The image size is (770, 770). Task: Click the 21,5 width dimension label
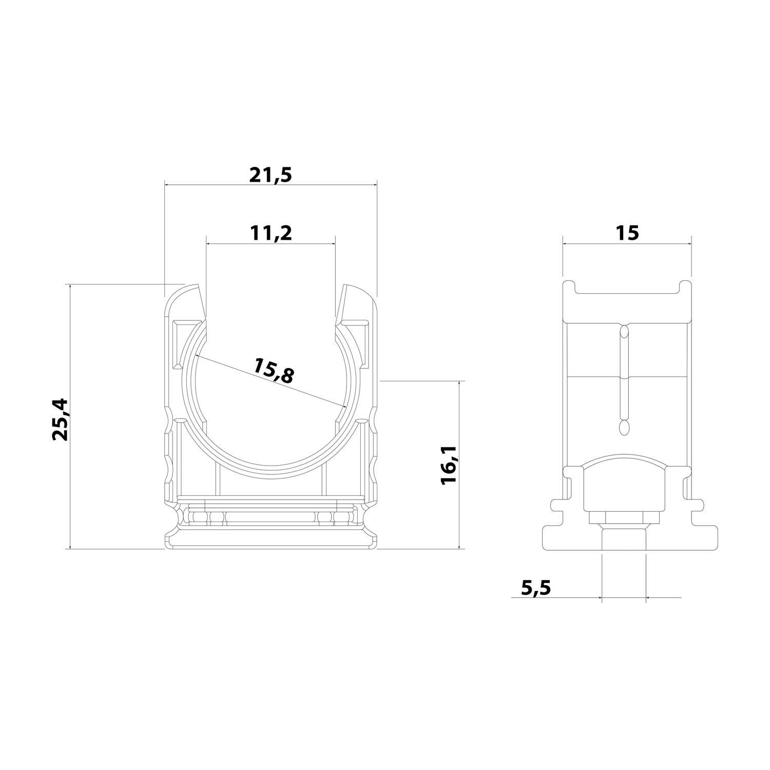(x=271, y=176)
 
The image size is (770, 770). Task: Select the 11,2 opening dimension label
(x=271, y=234)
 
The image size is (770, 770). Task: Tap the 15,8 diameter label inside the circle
(x=274, y=371)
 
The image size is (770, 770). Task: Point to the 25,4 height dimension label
(x=60, y=419)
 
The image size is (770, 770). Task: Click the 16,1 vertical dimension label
(x=449, y=465)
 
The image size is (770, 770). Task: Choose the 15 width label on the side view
(x=627, y=233)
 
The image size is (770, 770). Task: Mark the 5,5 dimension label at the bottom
(x=535, y=587)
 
